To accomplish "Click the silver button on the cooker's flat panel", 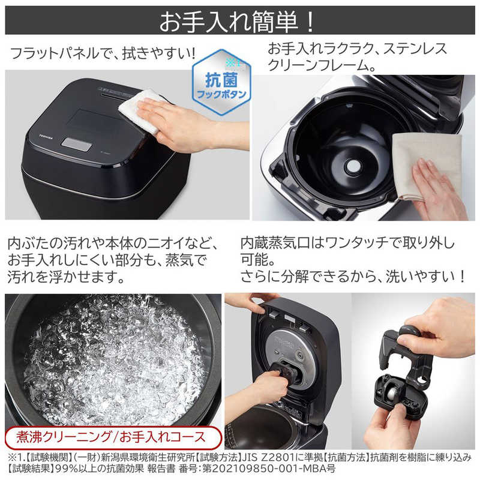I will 77,144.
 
